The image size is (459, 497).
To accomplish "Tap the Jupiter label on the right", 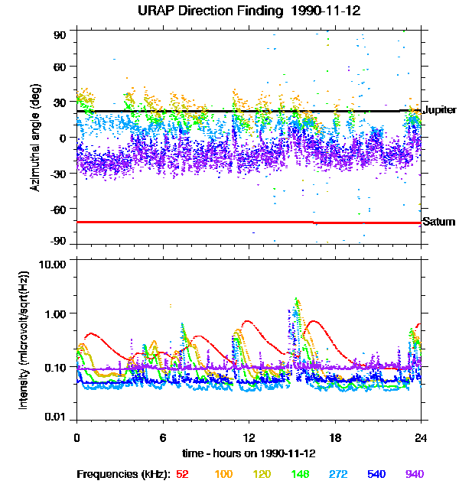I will [x=439, y=110].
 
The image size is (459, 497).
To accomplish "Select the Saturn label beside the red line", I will [x=437, y=222].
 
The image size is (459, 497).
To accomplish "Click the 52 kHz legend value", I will [x=182, y=474].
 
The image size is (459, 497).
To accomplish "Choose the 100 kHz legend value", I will [x=224, y=474].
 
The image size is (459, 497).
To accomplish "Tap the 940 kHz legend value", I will [x=414, y=474].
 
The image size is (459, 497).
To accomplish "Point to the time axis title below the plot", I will [x=249, y=453].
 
